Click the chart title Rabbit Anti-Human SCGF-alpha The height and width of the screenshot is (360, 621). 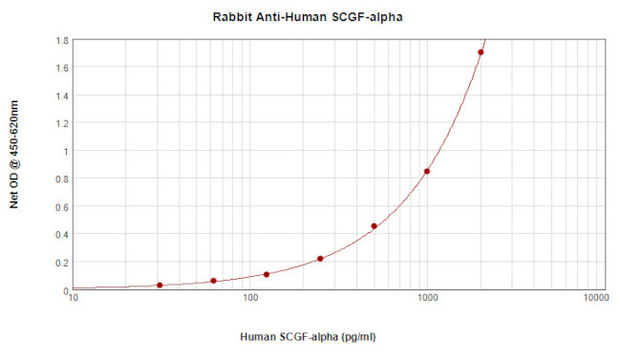[x=310, y=18]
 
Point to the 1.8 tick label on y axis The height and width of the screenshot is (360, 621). [x=60, y=40]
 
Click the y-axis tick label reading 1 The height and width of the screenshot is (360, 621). [x=64, y=151]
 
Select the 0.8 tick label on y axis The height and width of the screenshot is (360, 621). [x=60, y=179]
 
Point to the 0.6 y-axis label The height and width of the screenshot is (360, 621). [x=60, y=206]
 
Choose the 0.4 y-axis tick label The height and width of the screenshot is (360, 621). [x=60, y=234]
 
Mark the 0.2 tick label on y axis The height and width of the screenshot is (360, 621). [x=60, y=262]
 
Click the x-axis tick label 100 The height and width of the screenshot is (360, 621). [x=250, y=299]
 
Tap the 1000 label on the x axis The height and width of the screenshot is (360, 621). [x=427, y=299]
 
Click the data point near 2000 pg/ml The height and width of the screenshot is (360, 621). [x=481, y=53]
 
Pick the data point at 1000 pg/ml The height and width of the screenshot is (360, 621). [x=427, y=172]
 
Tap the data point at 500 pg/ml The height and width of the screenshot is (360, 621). [x=374, y=226]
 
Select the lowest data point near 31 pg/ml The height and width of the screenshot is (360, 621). [x=160, y=286]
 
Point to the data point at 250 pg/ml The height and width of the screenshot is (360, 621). [x=320, y=259]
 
